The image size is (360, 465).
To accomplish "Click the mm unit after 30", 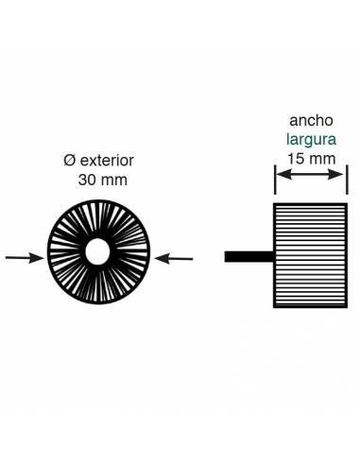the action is pyautogui.click(x=113, y=180).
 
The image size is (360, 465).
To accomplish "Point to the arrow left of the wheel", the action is pyautogui.click(x=23, y=256).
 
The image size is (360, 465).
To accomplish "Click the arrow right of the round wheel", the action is pyautogui.click(x=174, y=256).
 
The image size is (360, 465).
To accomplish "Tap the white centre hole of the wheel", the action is pyautogui.click(x=98, y=252).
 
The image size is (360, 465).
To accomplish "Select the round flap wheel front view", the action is pyautogui.click(x=98, y=252).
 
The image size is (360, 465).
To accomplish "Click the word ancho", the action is pyautogui.click(x=311, y=122).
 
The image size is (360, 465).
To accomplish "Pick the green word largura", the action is pyautogui.click(x=311, y=140).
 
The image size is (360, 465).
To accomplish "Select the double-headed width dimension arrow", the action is pyautogui.click(x=311, y=176).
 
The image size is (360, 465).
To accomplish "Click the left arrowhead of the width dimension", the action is pyautogui.click(x=280, y=176).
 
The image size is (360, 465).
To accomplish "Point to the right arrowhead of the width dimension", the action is pyautogui.click(x=342, y=176).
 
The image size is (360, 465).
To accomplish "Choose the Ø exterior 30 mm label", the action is pyautogui.click(x=93, y=171).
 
